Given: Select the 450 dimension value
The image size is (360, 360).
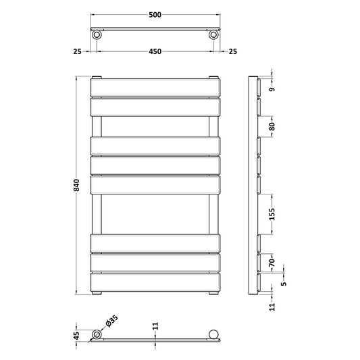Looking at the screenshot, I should (155, 51).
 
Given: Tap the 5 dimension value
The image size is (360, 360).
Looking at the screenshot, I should (284, 283).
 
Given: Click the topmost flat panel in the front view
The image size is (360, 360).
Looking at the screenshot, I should (155, 88).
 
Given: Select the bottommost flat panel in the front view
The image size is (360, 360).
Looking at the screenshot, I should (155, 282).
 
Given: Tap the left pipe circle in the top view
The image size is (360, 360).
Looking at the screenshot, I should (98, 34).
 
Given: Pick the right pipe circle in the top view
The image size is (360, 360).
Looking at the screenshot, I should (213, 34).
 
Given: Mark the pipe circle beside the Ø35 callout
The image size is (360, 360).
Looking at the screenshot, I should (97, 335).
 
